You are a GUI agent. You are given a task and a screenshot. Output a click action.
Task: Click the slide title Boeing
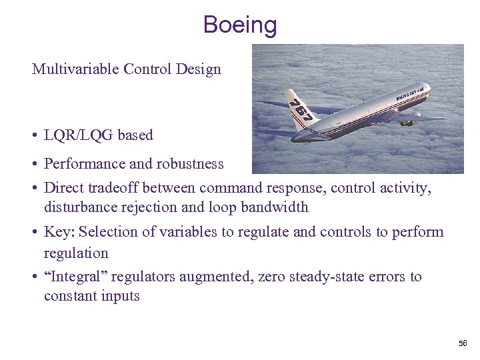point(240,25)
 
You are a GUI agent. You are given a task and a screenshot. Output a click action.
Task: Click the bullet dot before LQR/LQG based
point(34,135)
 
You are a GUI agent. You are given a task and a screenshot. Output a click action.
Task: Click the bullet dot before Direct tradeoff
point(34,189)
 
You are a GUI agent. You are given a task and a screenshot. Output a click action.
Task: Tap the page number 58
point(463,343)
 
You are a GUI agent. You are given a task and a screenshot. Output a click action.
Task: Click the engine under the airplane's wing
point(409,121)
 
